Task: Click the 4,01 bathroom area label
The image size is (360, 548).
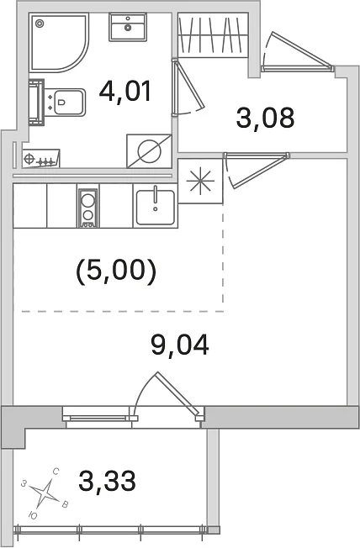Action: (124, 91)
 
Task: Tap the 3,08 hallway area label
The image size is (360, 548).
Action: (265, 118)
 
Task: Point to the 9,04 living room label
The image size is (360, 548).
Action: (180, 345)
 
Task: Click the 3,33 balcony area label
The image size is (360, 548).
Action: (107, 481)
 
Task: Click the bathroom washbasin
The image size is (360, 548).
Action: (127, 27)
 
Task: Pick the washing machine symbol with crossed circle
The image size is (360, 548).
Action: (149, 151)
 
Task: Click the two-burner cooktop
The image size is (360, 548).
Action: (87, 208)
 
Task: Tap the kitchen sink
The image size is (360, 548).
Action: (156, 207)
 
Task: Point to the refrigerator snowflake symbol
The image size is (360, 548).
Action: (200, 181)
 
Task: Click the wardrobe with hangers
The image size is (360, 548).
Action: (213, 34)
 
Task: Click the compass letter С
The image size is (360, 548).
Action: (56, 472)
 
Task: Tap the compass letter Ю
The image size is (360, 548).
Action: (32, 514)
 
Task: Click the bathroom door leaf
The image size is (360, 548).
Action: (189, 85)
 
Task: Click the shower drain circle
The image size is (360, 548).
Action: (40, 24)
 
